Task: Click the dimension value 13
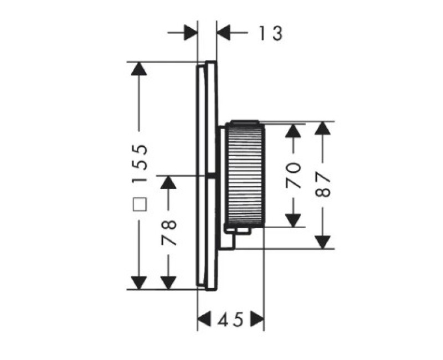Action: [271, 33]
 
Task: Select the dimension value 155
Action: [140, 164]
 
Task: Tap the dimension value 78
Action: [169, 233]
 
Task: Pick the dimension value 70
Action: [293, 175]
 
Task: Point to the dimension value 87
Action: [323, 185]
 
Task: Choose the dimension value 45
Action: [230, 320]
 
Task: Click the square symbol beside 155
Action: [140, 204]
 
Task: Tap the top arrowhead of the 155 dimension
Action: [139, 69]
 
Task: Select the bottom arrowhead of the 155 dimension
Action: [139, 282]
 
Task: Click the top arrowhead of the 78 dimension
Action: [168, 182]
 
